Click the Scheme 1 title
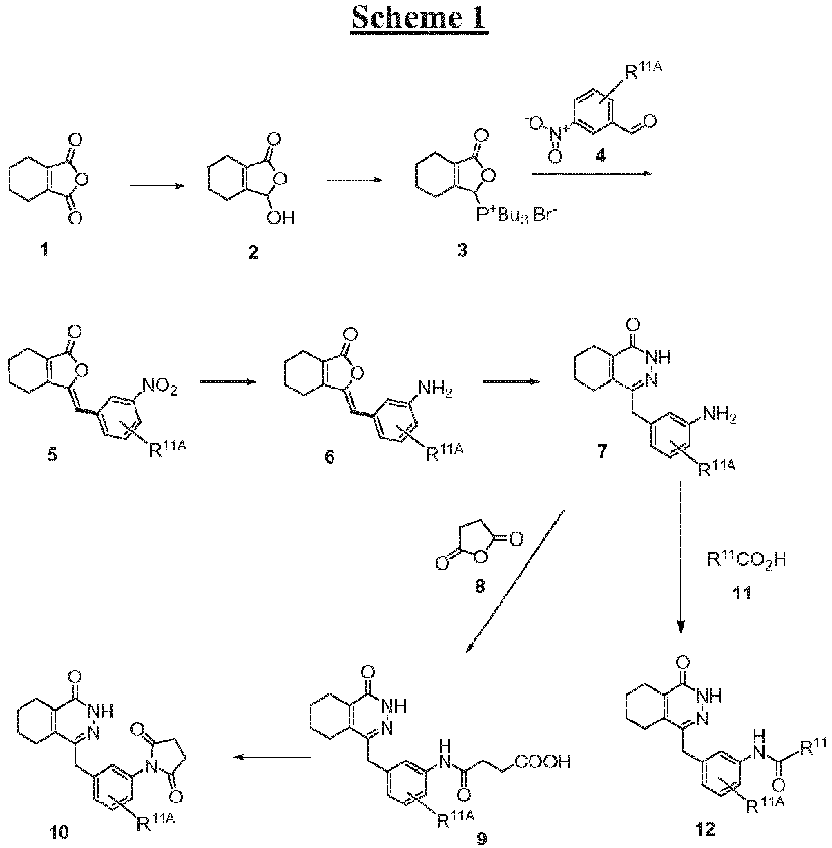[420, 18]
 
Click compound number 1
[44, 251]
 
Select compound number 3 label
[462, 251]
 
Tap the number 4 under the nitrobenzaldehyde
[600, 155]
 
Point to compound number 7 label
[602, 451]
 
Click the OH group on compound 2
[280, 217]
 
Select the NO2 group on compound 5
[159, 387]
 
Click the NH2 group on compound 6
[434, 389]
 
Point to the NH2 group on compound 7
[719, 415]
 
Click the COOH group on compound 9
[543, 761]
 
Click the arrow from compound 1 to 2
[157, 186]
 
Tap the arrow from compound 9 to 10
[271, 757]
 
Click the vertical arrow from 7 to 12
[681, 558]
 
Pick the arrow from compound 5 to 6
[228, 381]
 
